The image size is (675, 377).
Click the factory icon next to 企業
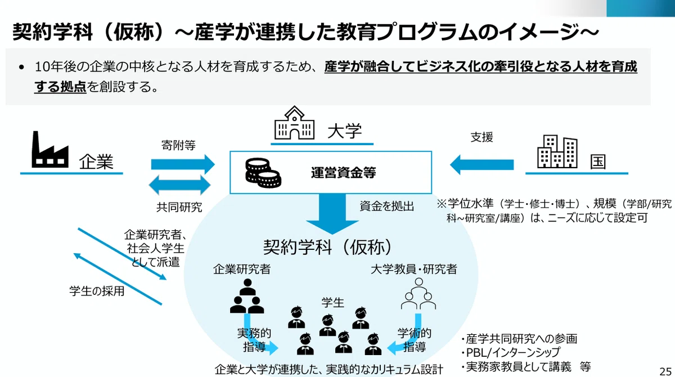coord(50,149)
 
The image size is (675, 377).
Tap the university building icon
coord(294,123)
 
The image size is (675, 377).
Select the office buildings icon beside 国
coord(557,151)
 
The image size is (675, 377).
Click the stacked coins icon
coord(263,173)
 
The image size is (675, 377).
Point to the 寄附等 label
coord(178,145)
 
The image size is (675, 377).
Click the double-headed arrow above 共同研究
coord(179,185)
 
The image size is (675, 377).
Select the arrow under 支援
coord(481,164)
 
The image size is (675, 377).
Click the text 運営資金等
coord(344,173)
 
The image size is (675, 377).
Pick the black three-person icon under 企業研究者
coord(247,296)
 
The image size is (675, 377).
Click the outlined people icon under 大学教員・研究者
coord(418,294)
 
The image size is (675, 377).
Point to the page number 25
coord(665,371)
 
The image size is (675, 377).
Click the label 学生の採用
coord(97,291)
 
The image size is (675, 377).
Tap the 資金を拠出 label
coord(386,207)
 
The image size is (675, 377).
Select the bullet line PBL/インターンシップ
coord(511,352)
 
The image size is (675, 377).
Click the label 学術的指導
coord(415,340)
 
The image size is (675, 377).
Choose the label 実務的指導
coord(254,340)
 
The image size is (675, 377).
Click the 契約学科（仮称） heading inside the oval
coord(328,247)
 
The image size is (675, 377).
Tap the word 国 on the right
coord(597,162)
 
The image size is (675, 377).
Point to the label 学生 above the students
coord(332,303)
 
